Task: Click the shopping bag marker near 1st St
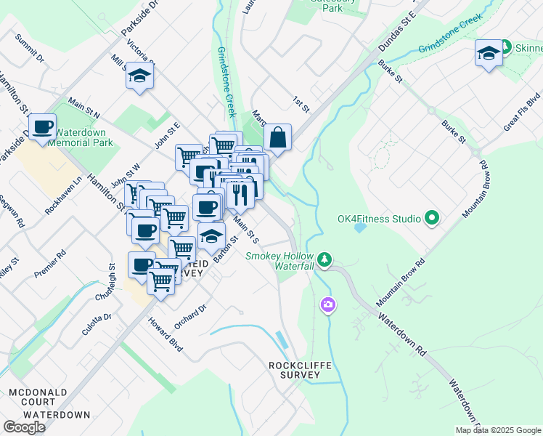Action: point(278,136)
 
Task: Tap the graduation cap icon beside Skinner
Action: point(489,53)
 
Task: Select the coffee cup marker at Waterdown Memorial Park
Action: point(43,126)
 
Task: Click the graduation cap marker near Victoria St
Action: point(139,76)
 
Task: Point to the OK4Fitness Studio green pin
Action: point(432,218)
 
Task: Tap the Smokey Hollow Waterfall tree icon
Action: point(325,258)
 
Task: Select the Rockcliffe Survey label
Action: point(294,370)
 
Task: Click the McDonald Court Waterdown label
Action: point(49,403)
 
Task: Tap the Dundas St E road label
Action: point(396,33)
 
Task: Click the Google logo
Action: point(25,427)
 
